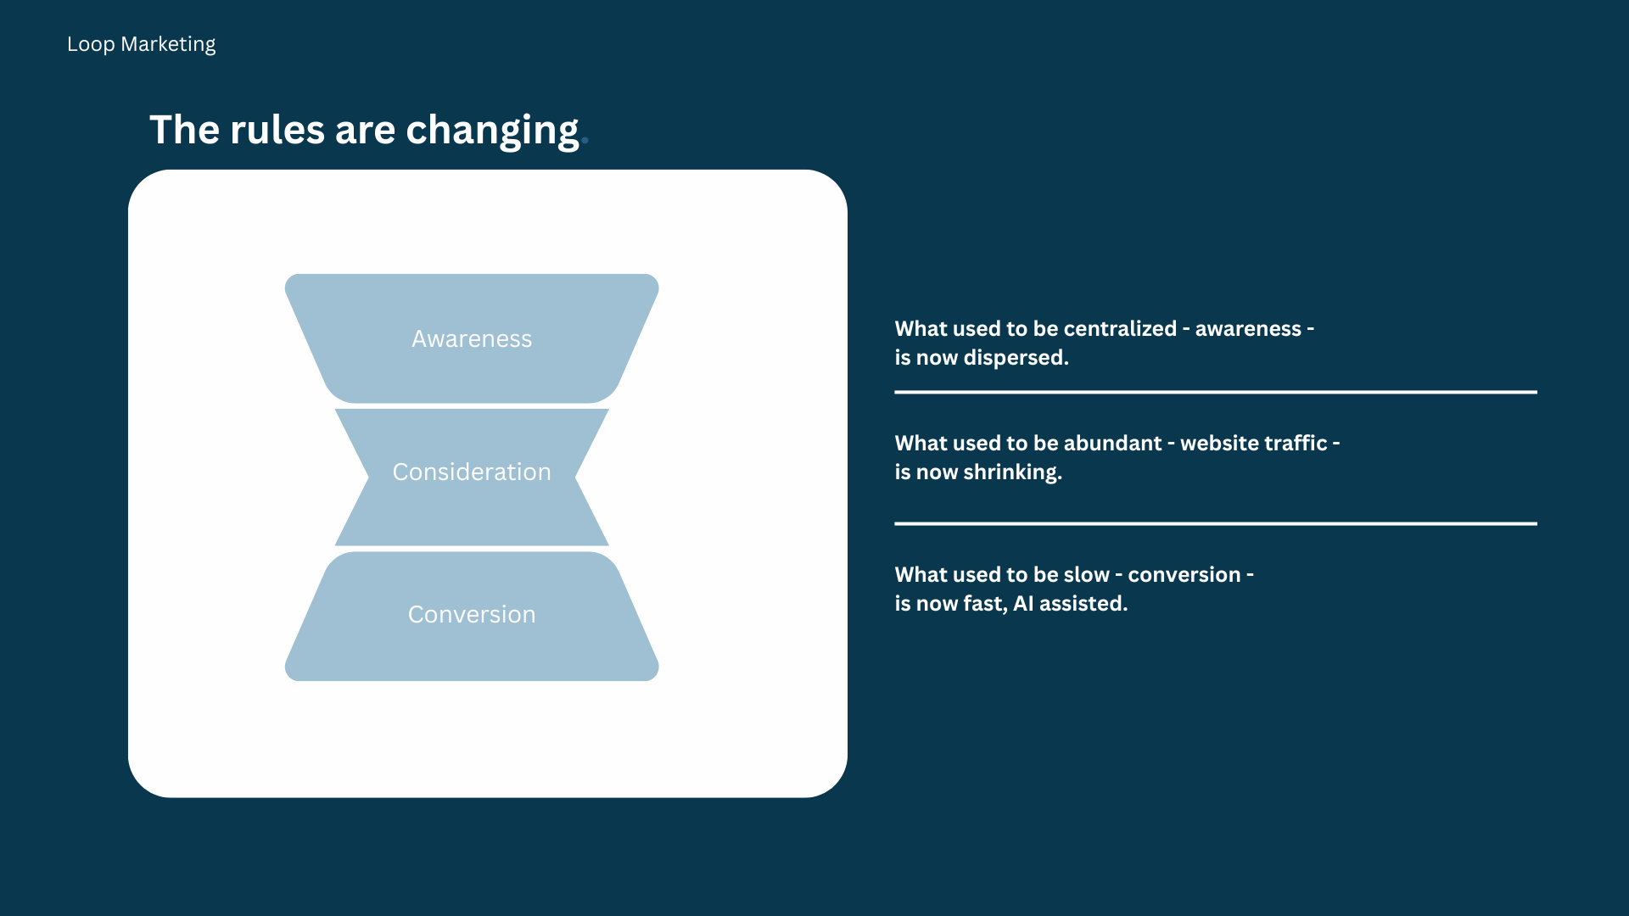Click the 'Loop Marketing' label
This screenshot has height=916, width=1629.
coord(141,44)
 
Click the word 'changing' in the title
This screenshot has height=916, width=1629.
coord(492,131)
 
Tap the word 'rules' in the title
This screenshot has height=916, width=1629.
coord(277,130)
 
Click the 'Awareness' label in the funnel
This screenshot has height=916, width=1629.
coord(472,338)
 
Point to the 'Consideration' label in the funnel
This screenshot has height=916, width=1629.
coord(472,472)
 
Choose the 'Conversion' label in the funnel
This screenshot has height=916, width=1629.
coord(472,614)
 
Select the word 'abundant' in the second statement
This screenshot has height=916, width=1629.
coord(1112,443)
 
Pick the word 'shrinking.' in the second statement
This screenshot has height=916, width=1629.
coord(1013,472)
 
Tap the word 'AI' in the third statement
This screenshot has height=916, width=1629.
coord(1023,604)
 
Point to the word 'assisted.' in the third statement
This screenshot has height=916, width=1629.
coord(1083,604)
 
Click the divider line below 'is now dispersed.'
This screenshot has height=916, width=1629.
coord(1216,392)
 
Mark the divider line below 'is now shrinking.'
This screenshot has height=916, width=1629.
coord(1216,523)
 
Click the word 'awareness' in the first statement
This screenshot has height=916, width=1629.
coord(1248,329)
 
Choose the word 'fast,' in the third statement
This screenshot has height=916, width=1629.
coord(985,604)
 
